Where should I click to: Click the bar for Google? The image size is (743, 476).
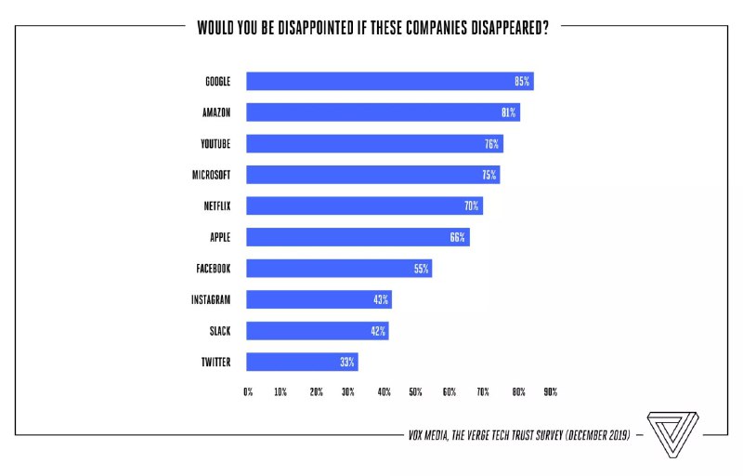(x=389, y=81)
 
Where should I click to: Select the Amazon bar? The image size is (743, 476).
(x=383, y=112)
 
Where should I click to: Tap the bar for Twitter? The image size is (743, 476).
(x=302, y=362)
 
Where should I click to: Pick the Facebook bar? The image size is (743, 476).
(x=339, y=269)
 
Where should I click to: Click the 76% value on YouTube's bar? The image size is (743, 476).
(x=491, y=144)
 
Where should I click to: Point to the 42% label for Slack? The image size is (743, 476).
(x=378, y=330)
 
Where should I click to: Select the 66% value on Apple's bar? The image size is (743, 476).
(x=457, y=237)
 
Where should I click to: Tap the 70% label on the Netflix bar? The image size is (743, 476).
(x=471, y=205)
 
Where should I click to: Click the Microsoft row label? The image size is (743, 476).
(x=211, y=175)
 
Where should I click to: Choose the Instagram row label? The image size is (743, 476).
(x=211, y=299)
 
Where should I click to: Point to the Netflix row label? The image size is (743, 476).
(x=215, y=205)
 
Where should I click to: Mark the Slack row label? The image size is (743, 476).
(x=219, y=330)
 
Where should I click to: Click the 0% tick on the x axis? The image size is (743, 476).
(x=248, y=392)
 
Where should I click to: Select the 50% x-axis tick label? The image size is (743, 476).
(x=415, y=392)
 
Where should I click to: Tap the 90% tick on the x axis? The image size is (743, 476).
(x=551, y=392)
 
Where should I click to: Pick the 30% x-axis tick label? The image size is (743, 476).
(x=348, y=392)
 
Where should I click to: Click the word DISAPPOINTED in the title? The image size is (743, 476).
(x=303, y=27)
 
